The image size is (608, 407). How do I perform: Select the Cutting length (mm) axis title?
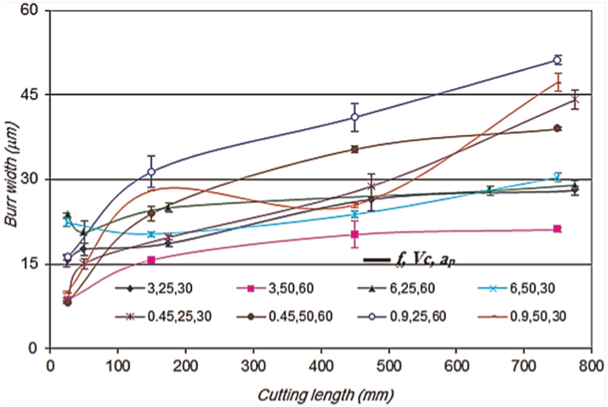tap(325, 395)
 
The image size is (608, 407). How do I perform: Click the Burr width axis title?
tap(11, 174)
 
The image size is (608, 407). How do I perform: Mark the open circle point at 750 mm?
tap(557, 60)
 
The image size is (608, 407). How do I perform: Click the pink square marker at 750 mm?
tap(557, 229)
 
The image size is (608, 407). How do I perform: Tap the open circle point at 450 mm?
tap(355, 117)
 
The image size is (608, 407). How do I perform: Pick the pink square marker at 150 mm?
tap(151, 260)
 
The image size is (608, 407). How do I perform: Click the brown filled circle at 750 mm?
tap(557, 128)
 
